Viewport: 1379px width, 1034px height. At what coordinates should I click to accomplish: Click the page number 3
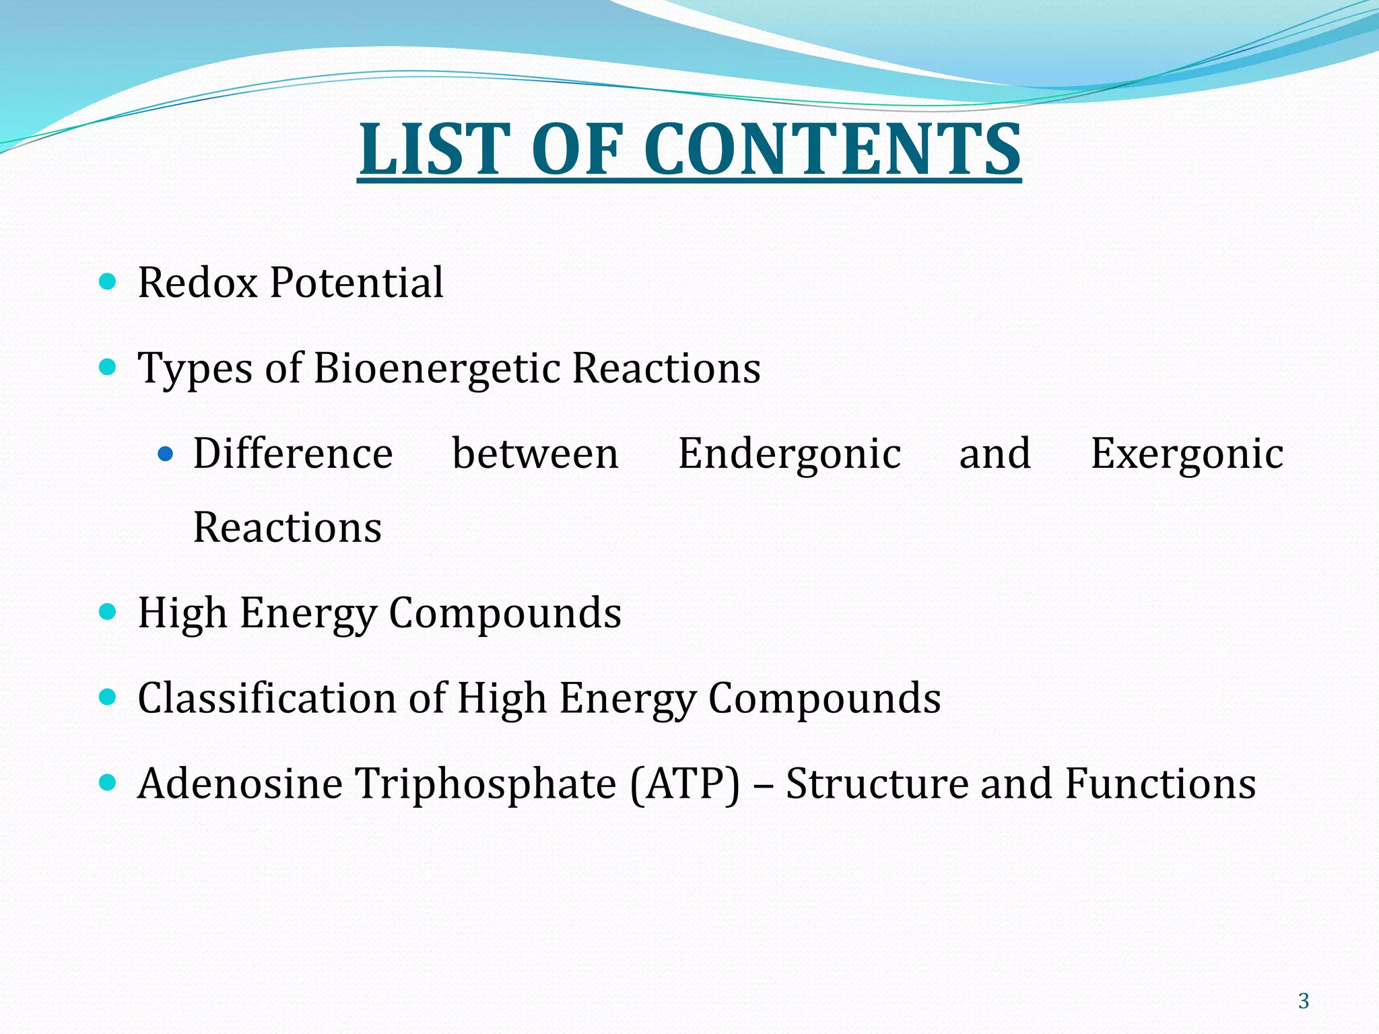(x=1304, y=1001)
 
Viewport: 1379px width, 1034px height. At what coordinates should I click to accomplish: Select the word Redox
(x=198, y=282)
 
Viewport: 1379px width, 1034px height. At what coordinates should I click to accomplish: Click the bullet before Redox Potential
(x=107, y=281)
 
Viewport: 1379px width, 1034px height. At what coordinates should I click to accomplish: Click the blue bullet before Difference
(x=165, y=454)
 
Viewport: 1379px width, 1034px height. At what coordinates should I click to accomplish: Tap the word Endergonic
(x=789, y=454)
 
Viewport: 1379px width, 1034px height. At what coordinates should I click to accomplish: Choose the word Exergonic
(x=1187, y=454)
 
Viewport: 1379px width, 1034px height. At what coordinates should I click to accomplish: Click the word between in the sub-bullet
(x=535, y=454)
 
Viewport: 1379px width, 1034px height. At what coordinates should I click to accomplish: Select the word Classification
(x=267, y=698)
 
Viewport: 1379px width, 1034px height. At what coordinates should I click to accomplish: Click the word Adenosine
(x=240, y=784)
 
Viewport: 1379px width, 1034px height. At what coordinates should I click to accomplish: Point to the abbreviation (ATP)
(x=685, y=784)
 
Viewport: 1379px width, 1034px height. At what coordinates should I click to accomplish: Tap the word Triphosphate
(x=485, y=784)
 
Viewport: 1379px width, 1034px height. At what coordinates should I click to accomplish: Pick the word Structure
(x=876, y=784)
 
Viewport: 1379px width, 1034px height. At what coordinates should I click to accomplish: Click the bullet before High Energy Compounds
(x=107, y=612)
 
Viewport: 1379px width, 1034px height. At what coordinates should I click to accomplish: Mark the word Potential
(x=356, y=282)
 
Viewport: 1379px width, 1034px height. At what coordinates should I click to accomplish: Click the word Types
(x=195, y=368)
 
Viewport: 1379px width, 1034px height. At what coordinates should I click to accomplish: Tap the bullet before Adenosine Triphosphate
(x=107, y=783)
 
